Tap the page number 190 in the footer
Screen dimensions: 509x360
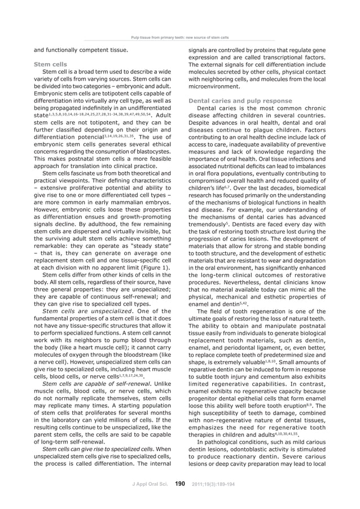[181, 483]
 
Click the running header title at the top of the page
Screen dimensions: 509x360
[179, 38]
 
